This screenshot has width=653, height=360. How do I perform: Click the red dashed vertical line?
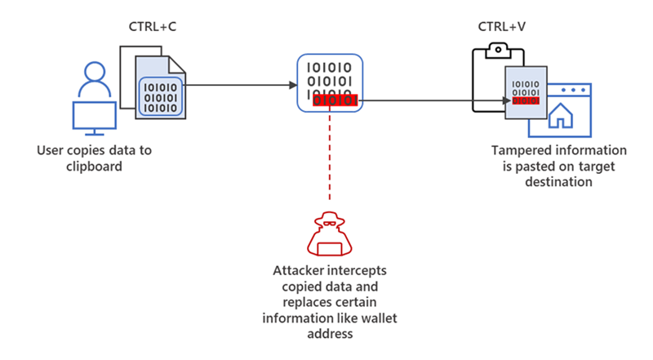(330, 155)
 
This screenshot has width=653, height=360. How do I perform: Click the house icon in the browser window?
(562, 116)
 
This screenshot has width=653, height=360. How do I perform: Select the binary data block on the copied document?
(159, 96)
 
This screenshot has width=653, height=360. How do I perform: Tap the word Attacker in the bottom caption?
(299, 270)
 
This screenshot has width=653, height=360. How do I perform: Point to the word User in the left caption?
(51, 151)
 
